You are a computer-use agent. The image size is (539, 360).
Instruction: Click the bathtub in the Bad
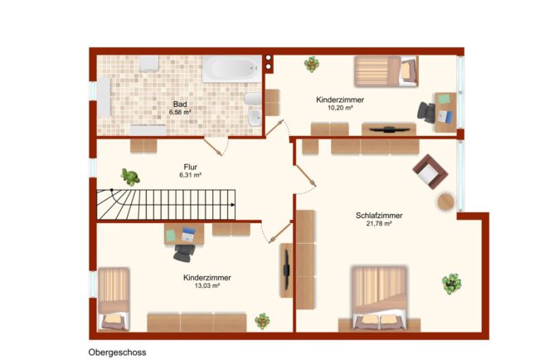coord(231,69)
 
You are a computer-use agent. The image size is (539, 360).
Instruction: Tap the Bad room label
coord(180,105)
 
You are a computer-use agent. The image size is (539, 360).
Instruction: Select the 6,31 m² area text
coord(190,175)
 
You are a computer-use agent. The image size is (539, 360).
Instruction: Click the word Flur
coord(190,167)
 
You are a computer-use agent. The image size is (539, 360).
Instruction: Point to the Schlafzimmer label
coord(379,216)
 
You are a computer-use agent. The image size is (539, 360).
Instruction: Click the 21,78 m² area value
coord(379,223)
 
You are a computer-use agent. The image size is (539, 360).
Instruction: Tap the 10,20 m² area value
coord(340,108)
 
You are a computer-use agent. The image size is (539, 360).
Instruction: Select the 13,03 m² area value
coord(207,285)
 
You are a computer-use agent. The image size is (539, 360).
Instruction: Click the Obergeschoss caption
coord(117,353)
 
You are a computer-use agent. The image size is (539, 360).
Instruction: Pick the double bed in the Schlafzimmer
coord(379,298)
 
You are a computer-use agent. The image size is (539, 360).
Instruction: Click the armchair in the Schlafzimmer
coord(430,172)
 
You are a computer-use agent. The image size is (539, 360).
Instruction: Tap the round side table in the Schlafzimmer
coord(446,202)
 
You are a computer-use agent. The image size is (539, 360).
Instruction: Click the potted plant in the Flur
coord(130,177)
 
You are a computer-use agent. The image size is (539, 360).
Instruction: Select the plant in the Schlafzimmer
coord(451,284)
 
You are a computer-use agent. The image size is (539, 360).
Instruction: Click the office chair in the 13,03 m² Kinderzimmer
coord(184,253)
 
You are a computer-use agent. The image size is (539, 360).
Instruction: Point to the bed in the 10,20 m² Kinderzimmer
coord(386,71)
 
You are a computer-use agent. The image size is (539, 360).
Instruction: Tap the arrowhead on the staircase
coord(233,205)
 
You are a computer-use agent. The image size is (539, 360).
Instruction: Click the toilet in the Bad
coord(253,99)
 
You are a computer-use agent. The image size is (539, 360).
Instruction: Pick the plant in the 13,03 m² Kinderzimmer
coord(262,321)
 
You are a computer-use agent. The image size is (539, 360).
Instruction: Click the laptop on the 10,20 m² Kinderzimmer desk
coord(446,116)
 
